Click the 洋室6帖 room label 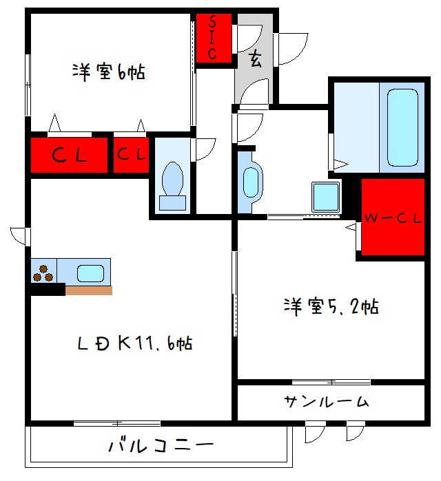108,73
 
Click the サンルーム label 325,402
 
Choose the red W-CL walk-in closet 392,217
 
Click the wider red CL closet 70,156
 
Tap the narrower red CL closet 132,155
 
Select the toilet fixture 172,184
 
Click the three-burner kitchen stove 43,272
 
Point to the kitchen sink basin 90,272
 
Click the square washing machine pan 327,197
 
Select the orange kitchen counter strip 88,290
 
